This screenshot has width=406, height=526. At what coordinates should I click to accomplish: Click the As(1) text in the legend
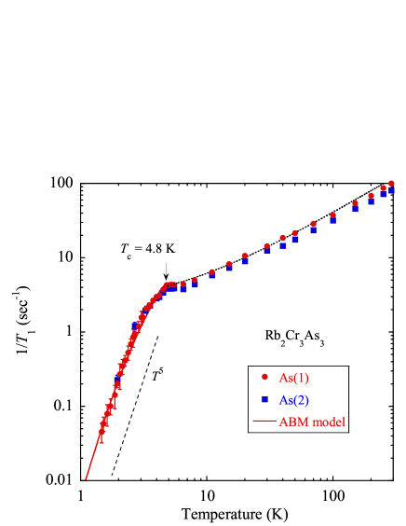294,378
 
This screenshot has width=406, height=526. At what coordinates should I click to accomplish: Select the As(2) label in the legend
294,400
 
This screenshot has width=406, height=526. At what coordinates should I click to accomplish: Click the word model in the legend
329,422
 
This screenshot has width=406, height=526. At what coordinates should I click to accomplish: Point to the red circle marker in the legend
264,377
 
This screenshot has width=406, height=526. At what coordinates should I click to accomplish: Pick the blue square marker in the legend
264,399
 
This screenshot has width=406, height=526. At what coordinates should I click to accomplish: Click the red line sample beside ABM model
264,422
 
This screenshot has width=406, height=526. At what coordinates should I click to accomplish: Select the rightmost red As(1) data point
391,184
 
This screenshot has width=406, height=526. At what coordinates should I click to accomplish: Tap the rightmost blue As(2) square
391,190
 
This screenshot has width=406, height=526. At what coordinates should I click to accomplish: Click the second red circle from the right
383,188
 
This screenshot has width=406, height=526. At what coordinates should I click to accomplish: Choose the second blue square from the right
383,194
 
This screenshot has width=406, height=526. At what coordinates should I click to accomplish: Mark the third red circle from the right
371,196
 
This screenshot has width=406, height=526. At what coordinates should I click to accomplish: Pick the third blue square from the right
371,201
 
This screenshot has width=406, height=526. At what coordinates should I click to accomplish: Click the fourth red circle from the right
355,203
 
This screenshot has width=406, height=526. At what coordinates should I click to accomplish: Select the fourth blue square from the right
355,209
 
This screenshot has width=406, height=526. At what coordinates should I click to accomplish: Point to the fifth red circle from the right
332,215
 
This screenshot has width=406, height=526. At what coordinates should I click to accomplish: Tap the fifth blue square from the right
332,220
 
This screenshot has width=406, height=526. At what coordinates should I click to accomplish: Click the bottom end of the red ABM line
86,479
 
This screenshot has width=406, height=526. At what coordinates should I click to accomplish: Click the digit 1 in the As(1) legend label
303,378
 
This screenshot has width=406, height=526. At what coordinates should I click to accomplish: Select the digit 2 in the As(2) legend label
303,400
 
